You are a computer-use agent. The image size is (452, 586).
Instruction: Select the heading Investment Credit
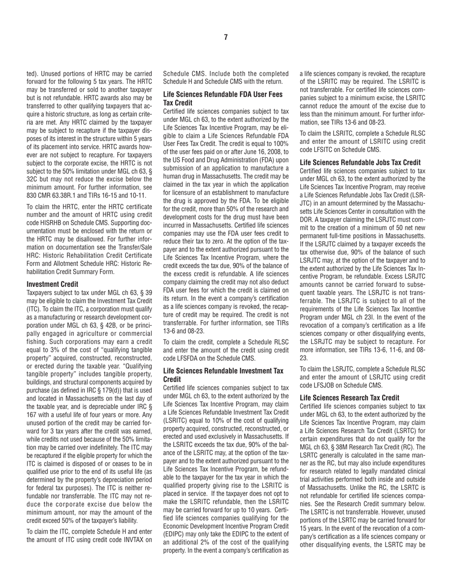(x=53, y=284)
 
